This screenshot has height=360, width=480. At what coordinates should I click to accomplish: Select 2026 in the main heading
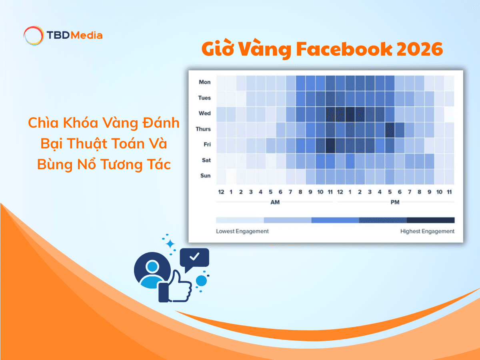pyautogui.click(x=420, y=49)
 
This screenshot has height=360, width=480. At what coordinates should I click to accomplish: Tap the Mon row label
pyautogui.click(x=204, y=82)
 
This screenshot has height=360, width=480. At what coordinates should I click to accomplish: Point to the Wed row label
pyautogui.click(x=204, y=113)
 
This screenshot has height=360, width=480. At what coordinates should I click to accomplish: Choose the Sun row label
pyautogui.click(x=205, y=176)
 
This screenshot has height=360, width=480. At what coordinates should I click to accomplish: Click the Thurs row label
pyautogui.click(x=203, y=129)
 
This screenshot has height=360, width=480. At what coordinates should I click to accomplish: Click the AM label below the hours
pyautogui.click(x=275, y=202)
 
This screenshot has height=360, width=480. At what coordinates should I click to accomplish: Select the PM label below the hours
pyautogui.click(x=395, y=202)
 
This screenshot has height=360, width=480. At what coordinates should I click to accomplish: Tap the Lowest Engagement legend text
pyautogui.click(x=242, y=231)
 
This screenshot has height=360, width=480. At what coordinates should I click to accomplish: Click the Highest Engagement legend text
pyautogui.click(x=427, y=231)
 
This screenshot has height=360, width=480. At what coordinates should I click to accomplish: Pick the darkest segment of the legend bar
pyautogui.click(x=431, y=220)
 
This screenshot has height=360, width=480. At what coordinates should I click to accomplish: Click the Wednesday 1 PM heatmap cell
pyautogui.click(x=350, y=114)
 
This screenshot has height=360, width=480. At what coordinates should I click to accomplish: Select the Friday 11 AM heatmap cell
pyautogui.click(x=330, y=145)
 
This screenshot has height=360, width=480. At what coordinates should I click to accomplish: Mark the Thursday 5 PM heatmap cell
pyautogui.click(x=390, y=129)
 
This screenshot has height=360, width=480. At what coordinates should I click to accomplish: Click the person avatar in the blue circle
pyautogui.click(x=152, y=270)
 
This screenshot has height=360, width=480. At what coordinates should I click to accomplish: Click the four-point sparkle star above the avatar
pyautogui.click(x=171, y=243)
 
